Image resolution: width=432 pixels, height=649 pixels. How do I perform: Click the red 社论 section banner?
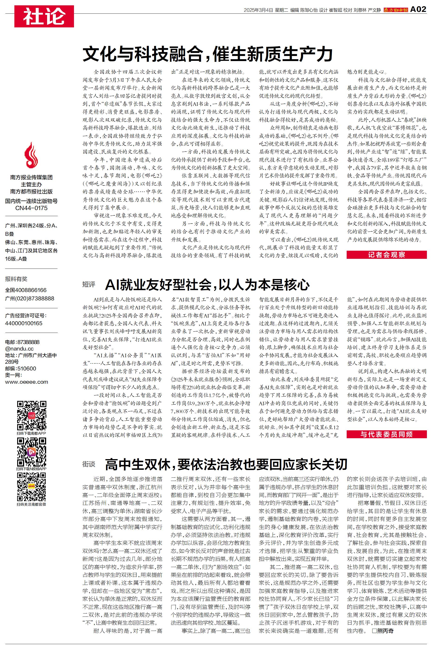[x=44, y=16]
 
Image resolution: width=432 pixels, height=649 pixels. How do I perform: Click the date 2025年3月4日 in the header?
[x=258, y=10]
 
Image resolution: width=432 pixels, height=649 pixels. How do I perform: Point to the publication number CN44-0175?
[x=31, y=208]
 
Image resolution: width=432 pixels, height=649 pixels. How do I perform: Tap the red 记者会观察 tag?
[x=387, y=255]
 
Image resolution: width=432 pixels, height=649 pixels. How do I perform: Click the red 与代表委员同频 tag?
[x=387, y=434]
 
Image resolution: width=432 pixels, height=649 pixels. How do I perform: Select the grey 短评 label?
[x=89, y=285]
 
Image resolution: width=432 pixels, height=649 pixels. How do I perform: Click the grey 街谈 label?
[x=89, y=464]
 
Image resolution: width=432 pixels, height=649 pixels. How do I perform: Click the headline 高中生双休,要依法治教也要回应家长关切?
[x=226, y=464]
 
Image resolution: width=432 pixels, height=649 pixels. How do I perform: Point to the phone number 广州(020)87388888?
[x=29, y=298]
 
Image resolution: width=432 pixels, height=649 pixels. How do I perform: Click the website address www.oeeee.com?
[x=26, y=382]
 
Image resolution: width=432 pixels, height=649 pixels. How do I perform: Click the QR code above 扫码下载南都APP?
[x=31, y=416]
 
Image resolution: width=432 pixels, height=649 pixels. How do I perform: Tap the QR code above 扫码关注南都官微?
[x=31, y=487]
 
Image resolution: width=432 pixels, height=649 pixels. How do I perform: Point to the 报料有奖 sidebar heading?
[x=16, y=279]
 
